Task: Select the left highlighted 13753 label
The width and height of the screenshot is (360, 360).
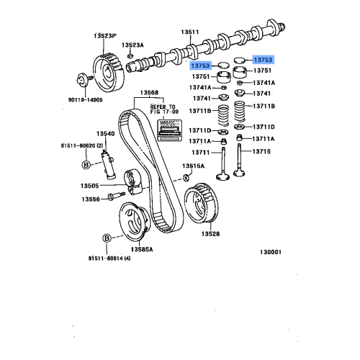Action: (x=204, y=66)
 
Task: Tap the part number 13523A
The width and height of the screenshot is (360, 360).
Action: (x=132, y=44)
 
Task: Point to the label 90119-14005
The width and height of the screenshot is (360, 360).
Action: (x=86, y=99)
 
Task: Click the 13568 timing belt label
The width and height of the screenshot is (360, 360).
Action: (x=149, y=92)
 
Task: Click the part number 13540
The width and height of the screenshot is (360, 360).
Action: (x=106, y=133)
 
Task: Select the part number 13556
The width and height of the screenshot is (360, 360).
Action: (x=90, y=199)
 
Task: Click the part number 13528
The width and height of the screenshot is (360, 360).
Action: (x=210, y=234)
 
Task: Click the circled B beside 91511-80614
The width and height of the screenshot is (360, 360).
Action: (x=106, y=237)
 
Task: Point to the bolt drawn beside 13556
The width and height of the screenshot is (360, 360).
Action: (x=114, y=197)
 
